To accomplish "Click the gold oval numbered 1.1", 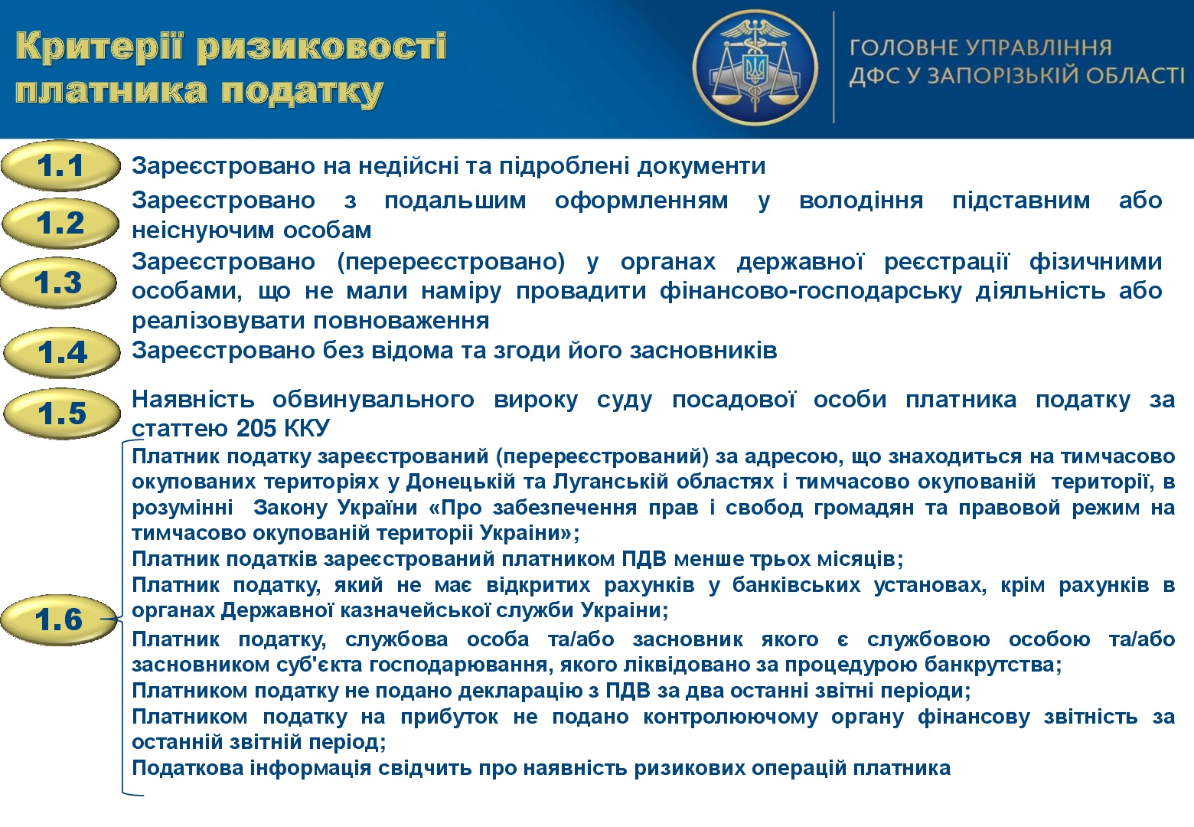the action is tap(60, 165).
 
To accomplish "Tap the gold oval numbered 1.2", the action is tap(60, 223).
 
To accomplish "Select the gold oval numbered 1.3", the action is tap(59, 283).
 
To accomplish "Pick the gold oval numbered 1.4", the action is tap(62, 352).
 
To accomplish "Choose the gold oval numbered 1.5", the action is tap(62, 413).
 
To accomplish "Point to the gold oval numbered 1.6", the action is tap(59, 619).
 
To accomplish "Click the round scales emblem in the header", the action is tap(755, 67).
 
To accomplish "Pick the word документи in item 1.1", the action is tap(701, 166).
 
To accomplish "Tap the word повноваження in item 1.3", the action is tap(401, 321).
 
